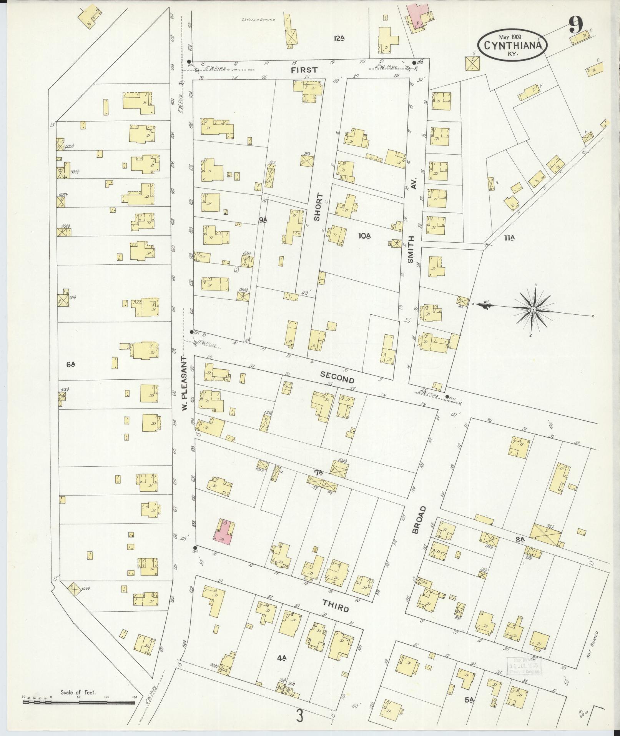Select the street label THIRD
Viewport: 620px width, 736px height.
[x=336, y=608]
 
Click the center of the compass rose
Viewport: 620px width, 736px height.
[x=533, y=310]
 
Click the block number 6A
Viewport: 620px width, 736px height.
[x=70, y=364]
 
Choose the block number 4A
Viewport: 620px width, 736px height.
[x=281, y=658]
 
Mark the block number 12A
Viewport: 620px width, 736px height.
[x=339, y=38]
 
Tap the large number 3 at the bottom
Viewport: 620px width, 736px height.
[x=300, y=716]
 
